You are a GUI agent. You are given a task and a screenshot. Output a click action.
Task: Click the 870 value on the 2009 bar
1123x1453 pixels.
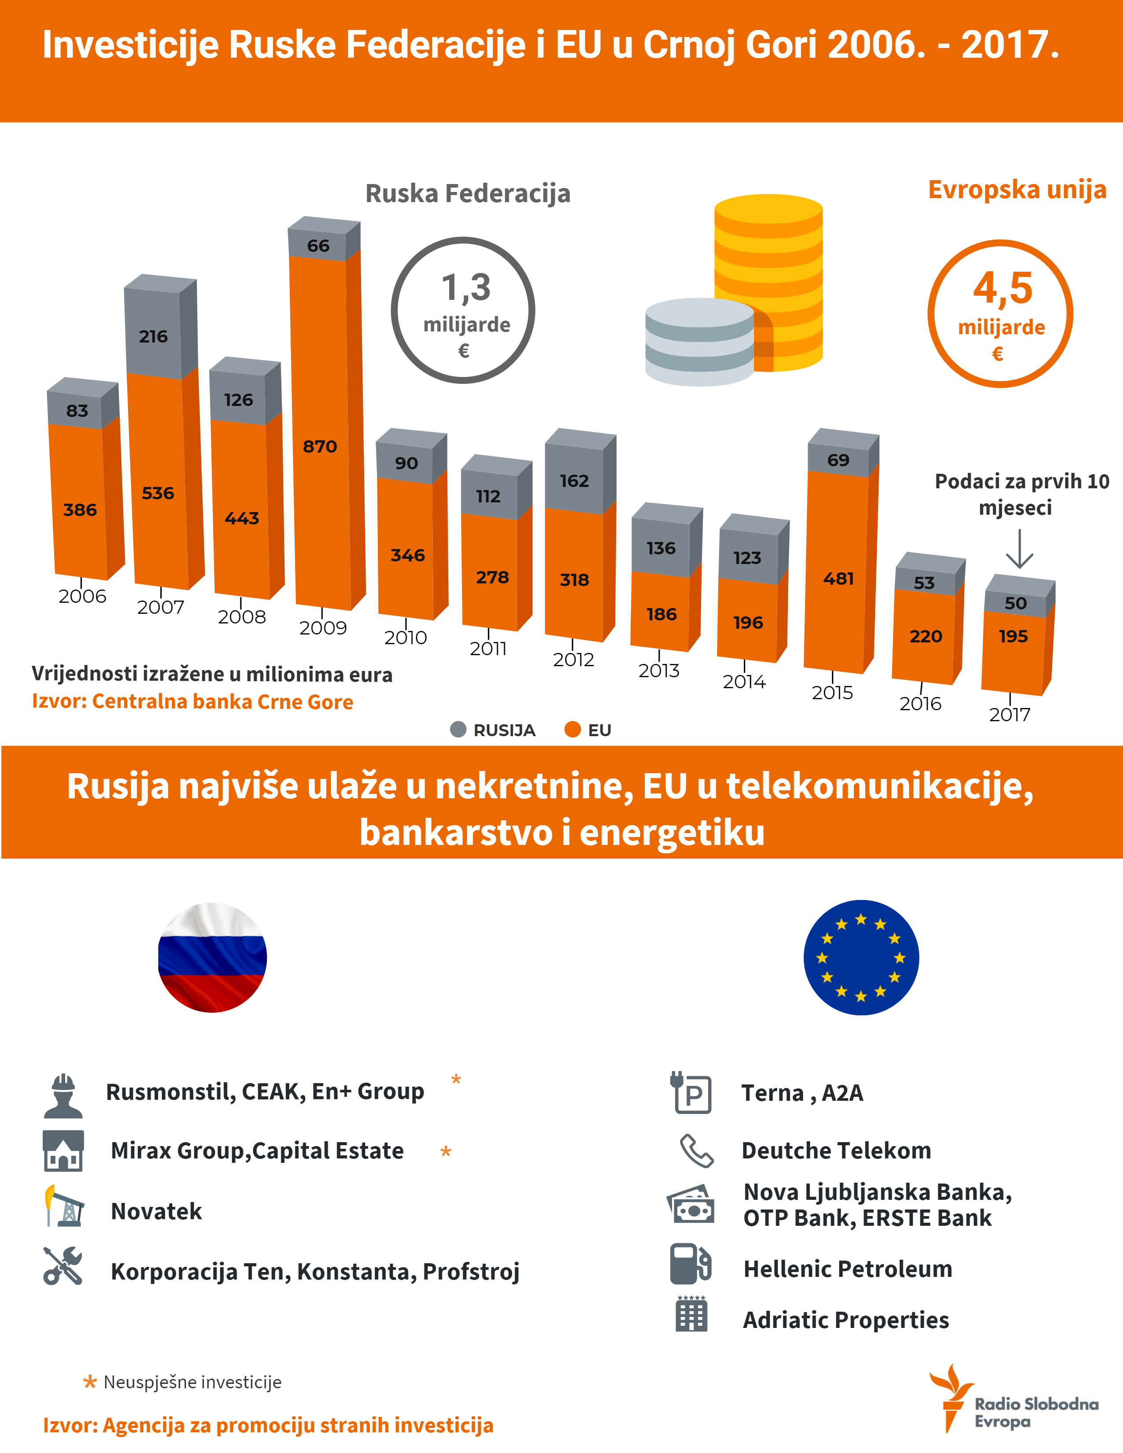pyautogui.click(x=320, y=446)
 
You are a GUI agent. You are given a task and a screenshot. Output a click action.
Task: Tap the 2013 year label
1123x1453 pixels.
pyautogui.click(x=659, y=671)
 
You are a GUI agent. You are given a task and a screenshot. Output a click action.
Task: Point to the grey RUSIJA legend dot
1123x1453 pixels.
pyautogui.click(x=458, y=730)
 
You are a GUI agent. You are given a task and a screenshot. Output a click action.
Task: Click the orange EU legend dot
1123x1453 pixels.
pyautogui.click(x=572, y=730)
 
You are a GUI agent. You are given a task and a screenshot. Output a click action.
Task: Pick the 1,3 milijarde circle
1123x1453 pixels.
pyautogui.click(x=463, y=310)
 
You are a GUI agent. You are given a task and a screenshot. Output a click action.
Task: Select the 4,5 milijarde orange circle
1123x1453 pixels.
pyautogui.click(x=1000, y=313)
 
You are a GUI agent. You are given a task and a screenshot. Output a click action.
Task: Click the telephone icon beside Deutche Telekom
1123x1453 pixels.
pyautogui.click(x=696, y=1150)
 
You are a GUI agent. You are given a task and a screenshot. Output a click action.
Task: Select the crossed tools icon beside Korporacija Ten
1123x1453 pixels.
pyautogui.click(x=63, y=1265)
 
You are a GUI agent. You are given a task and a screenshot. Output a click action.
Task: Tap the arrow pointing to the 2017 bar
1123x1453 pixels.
pyautogui.click(x=1019, y=549)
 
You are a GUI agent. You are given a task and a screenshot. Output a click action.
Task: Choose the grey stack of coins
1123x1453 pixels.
pyautogui.click(x=699, y=342)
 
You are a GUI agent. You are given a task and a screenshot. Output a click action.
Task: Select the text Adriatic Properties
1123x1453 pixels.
pyautogui.click(x=846, y=1320)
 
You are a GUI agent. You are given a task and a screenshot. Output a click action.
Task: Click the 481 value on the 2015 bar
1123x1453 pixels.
pyautogui.click(x=838, y=579)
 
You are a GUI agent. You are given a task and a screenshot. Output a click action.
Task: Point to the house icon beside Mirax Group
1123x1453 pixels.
pyautogui.click(x=63, y=1150)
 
